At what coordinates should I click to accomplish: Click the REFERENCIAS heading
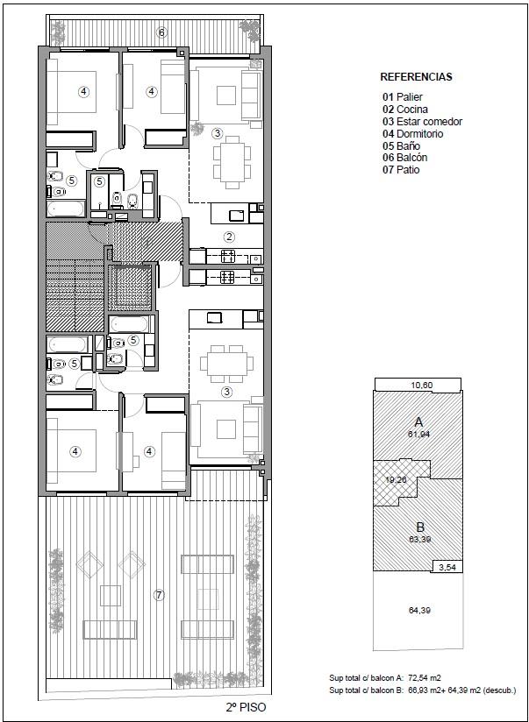pyautogui.click(x=416, y=77)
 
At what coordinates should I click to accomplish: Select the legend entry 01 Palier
pyautogui.click(x=403, y=97)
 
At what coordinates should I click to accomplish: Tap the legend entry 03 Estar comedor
pyautogui.click(x=423, y=122)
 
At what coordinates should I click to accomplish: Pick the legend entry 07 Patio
pyautogui.click(x=401, y=169)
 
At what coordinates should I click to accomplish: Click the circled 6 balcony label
pyautogui.click(x=161, y=32)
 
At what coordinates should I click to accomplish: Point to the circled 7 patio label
pyautogui.click(x=159, y=595)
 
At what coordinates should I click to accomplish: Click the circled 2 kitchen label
pyautogui.click(x=229, y=237)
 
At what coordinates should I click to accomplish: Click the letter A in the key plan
pyautogui.click(x=418, y=421)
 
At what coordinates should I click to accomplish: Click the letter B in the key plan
pyautogui.click(x=421, y=527)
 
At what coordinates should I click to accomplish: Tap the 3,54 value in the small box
pyautogui.click(x=447, y=567)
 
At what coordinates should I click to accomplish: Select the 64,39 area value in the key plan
pyautogui.click(x=419, y=611)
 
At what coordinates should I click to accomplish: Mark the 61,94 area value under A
pyautogui.click(x=419, y=434)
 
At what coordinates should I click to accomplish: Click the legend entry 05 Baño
pyautogui.click(x=401, y=145)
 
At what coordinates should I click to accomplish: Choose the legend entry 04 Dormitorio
pyautogui.click(x=413, y=133)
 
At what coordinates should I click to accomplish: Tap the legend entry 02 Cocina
pyautogui.click(x=405, y=110)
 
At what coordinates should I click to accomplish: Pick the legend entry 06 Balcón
pyautogui.click(x=405, y=158)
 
